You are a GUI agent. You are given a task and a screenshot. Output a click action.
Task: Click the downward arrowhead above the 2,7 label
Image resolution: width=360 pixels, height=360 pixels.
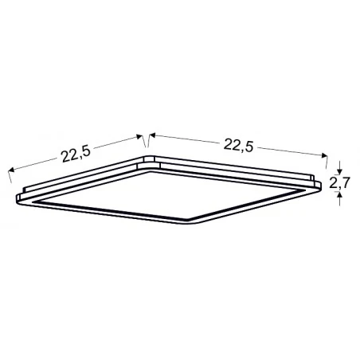point(340,170)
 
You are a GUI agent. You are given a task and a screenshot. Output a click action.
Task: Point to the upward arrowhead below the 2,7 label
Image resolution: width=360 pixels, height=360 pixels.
point(340,198)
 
